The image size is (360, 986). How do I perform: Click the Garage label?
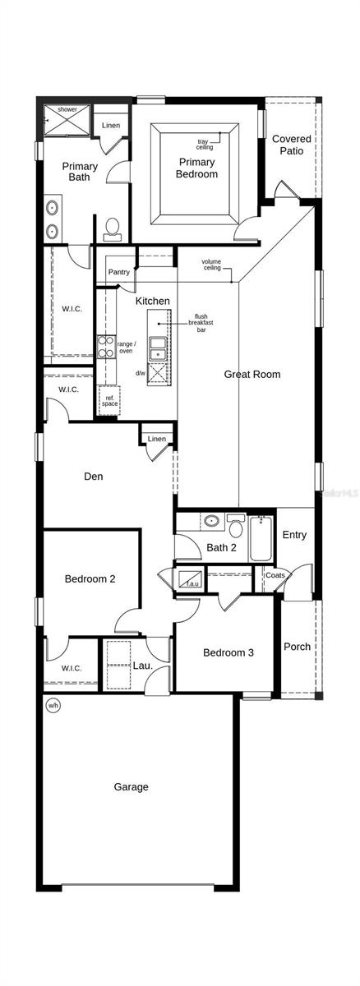(132, 786)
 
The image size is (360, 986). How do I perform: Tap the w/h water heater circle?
(53, 705)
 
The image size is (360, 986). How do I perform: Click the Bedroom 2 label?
(90, 578)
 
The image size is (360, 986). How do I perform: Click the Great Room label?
(252, 374)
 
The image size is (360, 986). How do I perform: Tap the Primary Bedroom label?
(197, 168)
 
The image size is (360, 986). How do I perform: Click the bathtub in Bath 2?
(261, 538)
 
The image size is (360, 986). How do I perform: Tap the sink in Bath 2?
(211, 520)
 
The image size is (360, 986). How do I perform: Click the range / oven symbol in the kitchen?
(106, 347)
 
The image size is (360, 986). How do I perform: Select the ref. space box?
(109, 401)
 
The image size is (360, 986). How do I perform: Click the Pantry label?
(119, 272)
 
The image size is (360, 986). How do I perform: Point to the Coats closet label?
(275, 575)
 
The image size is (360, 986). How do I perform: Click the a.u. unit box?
(191, 578)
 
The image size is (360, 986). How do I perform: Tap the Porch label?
(297, 647)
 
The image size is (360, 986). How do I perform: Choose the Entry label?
(294, 535)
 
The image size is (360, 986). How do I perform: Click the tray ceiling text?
(205, 144)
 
